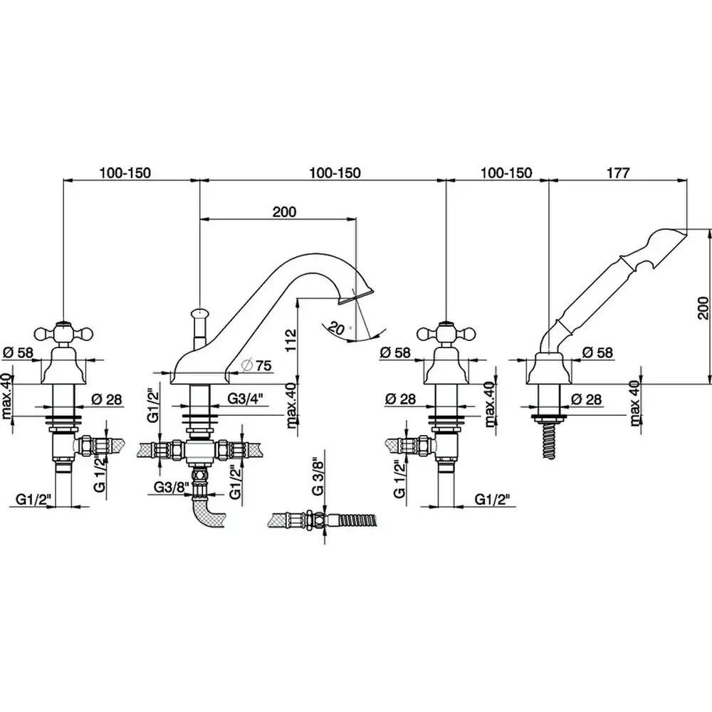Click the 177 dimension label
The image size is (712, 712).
617,173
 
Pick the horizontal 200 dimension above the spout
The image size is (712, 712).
283,211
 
